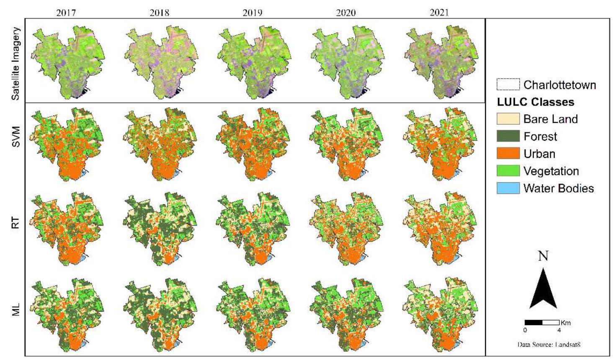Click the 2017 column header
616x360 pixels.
66,13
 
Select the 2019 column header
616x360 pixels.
253,13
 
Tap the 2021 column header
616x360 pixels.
439,13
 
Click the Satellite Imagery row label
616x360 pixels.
16,64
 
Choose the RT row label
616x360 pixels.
16,223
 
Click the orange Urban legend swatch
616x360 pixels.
508,153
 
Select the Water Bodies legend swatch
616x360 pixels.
508,188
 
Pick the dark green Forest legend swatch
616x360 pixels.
508,136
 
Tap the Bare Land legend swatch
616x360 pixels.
508,119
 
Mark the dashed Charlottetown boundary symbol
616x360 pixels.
508,85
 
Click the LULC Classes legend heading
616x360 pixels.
535,102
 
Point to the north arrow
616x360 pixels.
543,289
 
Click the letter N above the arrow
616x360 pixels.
543,256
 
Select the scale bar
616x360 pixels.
542,323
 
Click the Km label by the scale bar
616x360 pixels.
565,323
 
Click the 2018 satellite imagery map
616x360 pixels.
160,63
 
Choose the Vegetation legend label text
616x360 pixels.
551,171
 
